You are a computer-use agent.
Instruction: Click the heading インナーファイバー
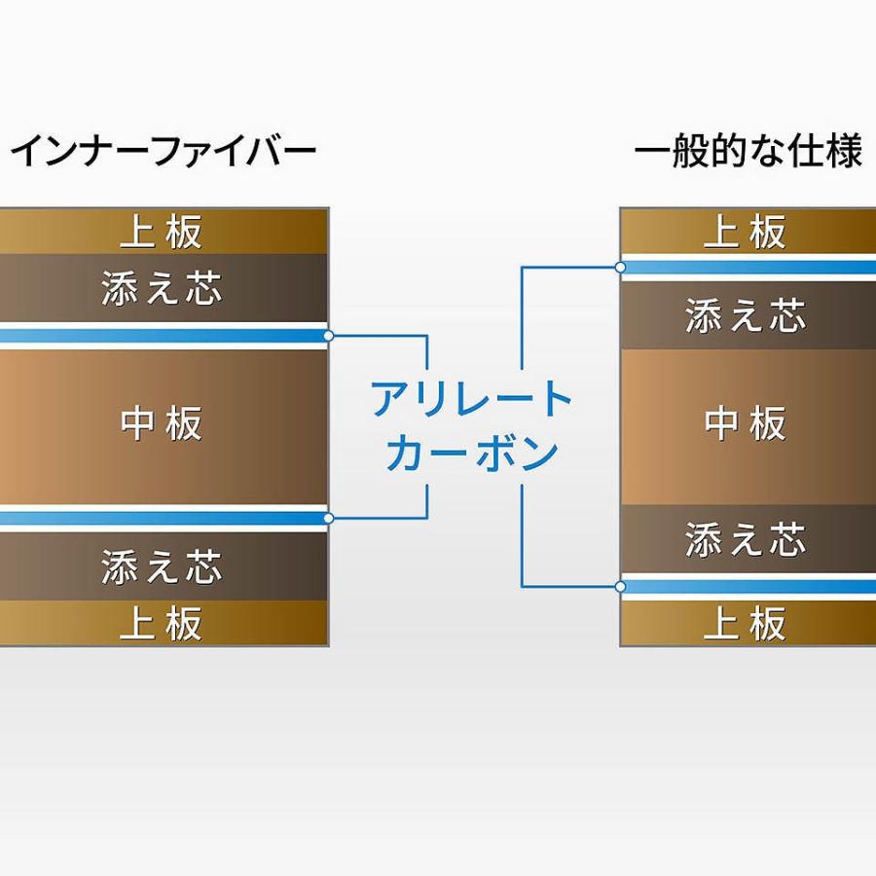click(x=163, y=153)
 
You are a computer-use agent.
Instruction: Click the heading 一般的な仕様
click(x=748, y=153)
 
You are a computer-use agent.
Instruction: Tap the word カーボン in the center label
click(x=472, y=453)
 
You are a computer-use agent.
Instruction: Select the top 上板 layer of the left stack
click(x=163, y=232)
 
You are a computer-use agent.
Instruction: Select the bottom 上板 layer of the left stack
click(x=163, y=624)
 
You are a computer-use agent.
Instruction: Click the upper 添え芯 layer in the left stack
click(x=163, y=288)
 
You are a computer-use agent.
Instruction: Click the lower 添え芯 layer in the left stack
click(x=163, y=566)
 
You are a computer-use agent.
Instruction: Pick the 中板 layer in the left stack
click(x=163, y=425)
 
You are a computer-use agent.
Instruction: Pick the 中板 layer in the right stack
click(x=747, y=425)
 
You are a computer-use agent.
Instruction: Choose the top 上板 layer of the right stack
click(x=747, y=232)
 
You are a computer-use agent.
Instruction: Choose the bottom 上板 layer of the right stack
click(x=747, y=624)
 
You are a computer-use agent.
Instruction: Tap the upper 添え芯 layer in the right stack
click(x=747, y=316)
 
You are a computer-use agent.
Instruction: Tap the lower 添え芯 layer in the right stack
click(x=747, y=538)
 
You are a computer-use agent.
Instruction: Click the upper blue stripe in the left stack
click(x=163, y=336)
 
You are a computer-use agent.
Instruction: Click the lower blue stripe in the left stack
click(x=163, y=518)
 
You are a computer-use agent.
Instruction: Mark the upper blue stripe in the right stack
click(x=747, y=267)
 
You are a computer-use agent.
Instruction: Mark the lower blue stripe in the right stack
click(x=747, y=586)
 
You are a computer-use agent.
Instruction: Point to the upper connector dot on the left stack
click(x=329, y=336)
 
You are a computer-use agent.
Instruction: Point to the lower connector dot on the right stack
click(x=620, y=586)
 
